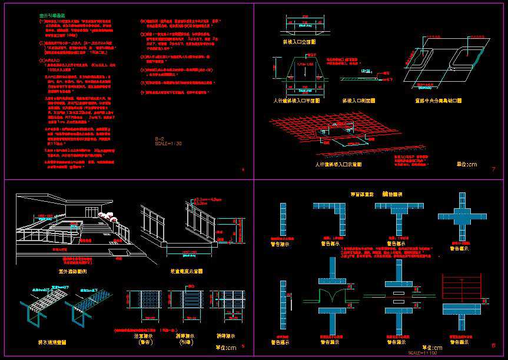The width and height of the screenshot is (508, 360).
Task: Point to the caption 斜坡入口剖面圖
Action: pos(358,101)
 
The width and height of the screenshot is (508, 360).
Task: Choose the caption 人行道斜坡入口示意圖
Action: pos(338,165)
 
